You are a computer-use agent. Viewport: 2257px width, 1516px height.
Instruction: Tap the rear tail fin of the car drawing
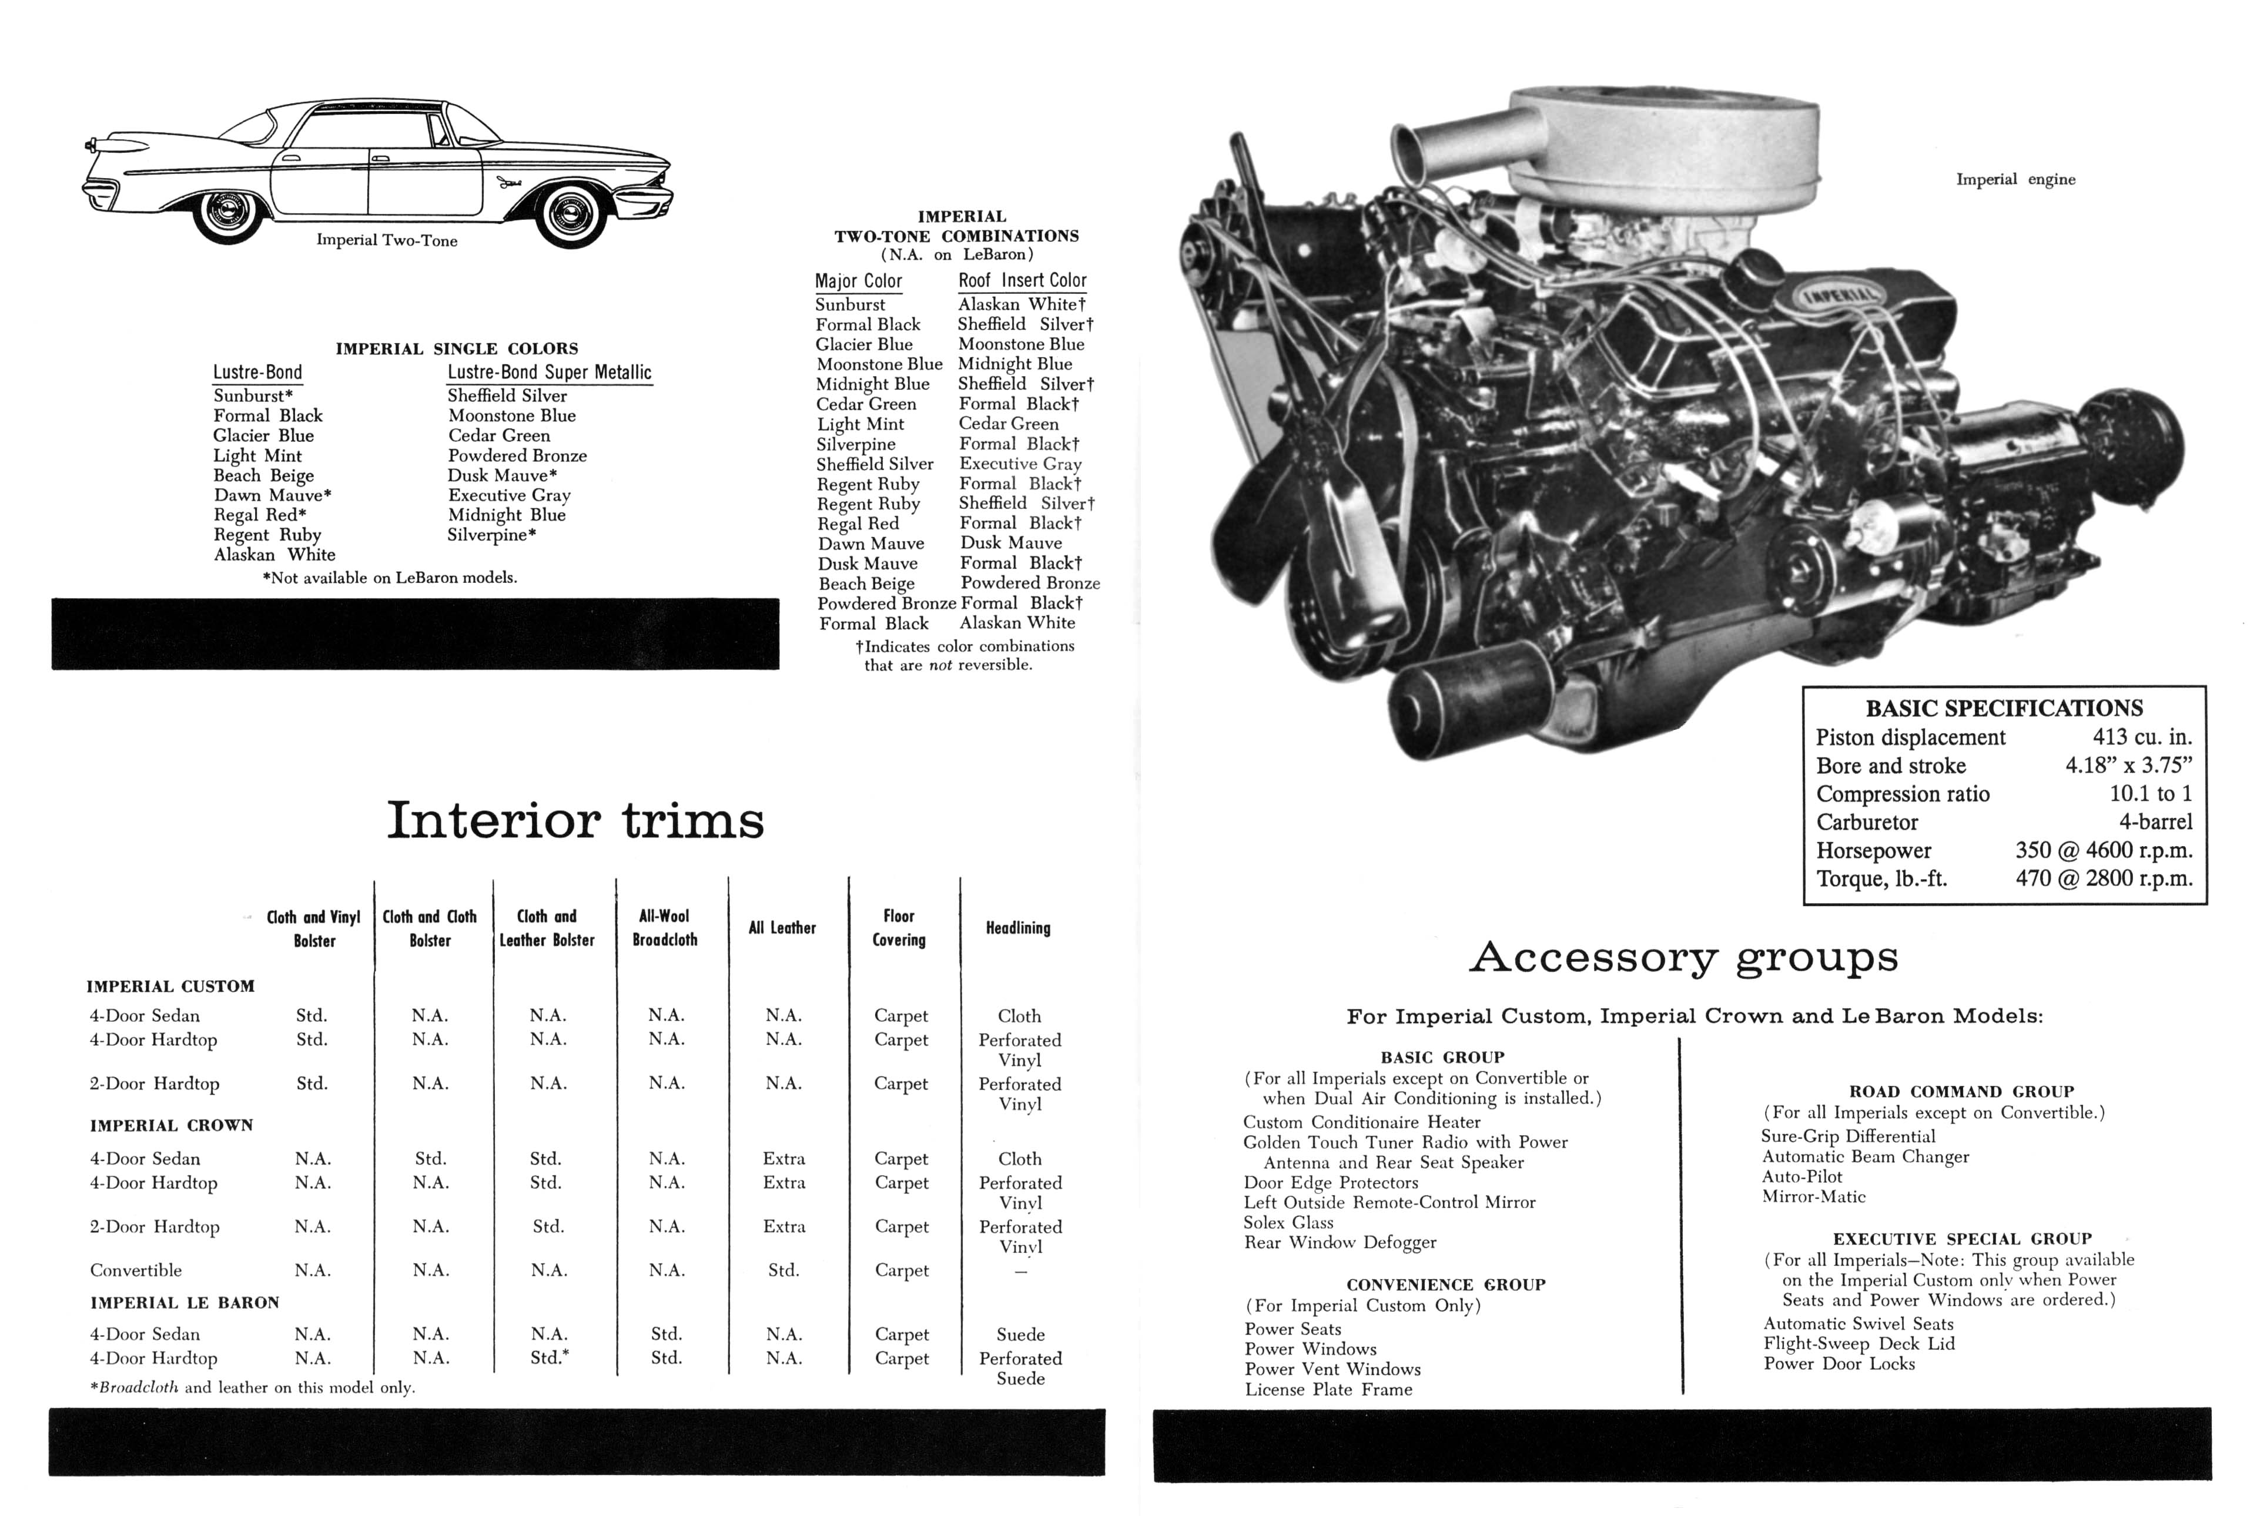[x=121, y=146]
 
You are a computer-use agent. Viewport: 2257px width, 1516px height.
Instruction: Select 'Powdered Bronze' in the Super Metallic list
[x=517, y=455]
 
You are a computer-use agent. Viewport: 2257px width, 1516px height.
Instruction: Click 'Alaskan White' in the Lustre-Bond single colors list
[x=274, y=555]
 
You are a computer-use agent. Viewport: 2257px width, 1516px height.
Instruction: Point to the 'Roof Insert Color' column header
[x=1022, y=280]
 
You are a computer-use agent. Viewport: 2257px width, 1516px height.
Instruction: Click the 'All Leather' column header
[x=781, y=928]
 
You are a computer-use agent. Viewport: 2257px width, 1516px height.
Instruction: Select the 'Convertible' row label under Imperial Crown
[x=135, y=1270]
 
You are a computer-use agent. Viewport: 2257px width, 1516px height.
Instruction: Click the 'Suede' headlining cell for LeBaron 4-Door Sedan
[x=1020, y=1335]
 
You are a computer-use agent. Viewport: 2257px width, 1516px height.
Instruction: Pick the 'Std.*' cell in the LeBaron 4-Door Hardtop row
[x=549, y=1357]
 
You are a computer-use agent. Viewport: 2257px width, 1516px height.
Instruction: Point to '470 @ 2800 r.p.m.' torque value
[x=2103, y=879]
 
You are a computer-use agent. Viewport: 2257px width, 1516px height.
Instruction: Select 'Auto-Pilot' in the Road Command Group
[x=1801, y=1176]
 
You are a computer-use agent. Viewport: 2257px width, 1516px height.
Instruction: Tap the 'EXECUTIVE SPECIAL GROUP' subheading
[x=1962, y=1239]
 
